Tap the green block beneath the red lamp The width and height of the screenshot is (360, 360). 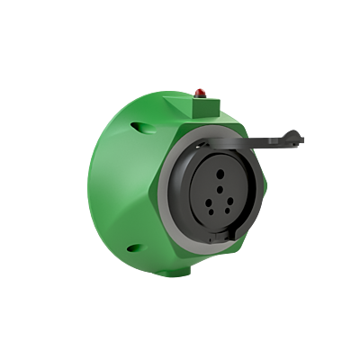coord(201,106)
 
